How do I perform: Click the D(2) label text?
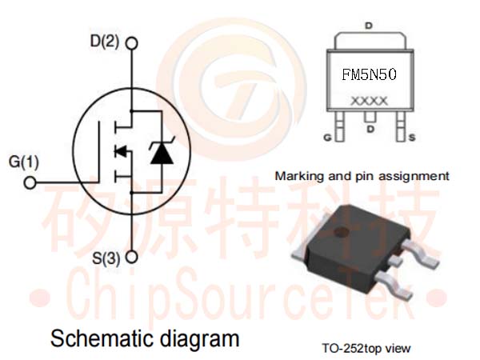tap(105, 42)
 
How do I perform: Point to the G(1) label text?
tap(24, 162)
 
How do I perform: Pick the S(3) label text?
tap(106, 258)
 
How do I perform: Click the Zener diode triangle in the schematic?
tap(162, 155)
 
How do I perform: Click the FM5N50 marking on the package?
tap(369, 74)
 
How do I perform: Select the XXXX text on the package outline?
tap(369, 101)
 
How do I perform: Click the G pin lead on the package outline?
tap(339, 126)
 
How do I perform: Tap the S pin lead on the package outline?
tap(401, 126)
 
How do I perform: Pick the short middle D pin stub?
tap(370, 116)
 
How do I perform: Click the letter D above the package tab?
tap(369, 26)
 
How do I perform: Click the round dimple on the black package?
tap(342, 233)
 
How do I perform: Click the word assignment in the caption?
tap(414, 177)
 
